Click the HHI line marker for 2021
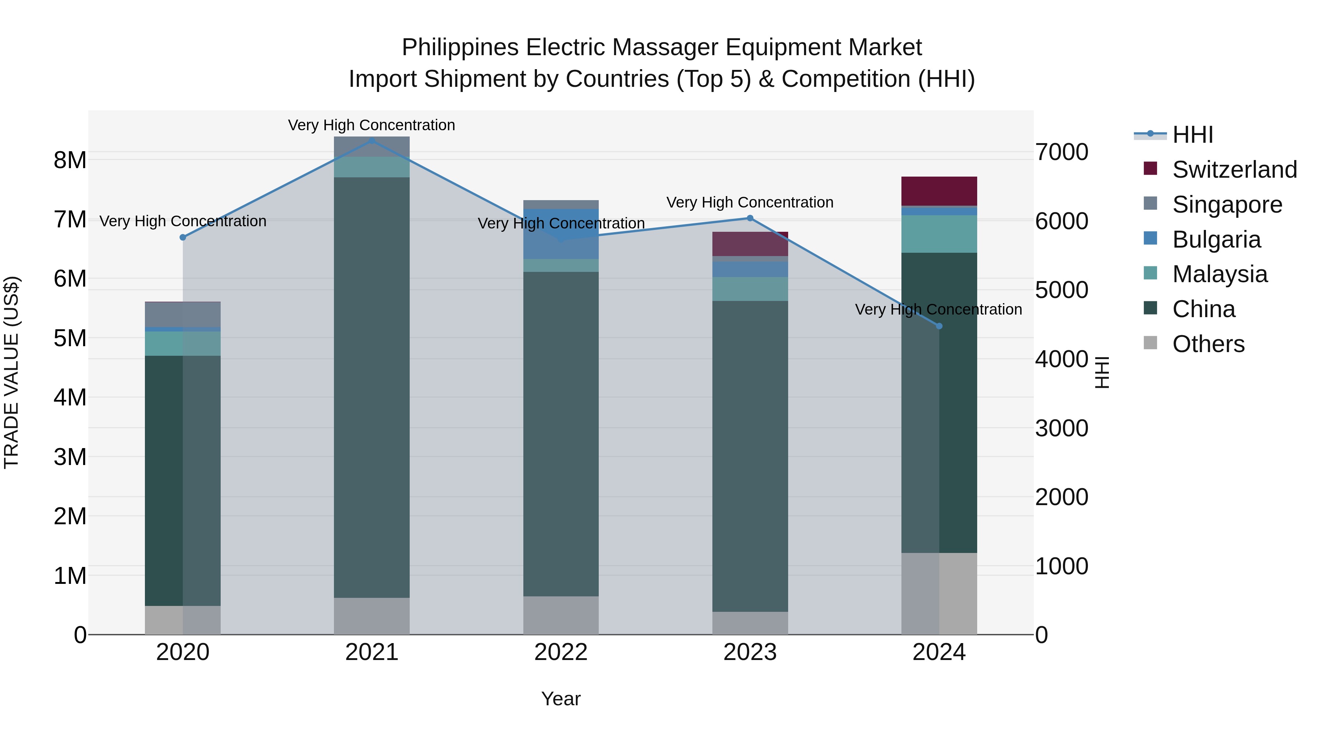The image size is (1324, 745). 371,141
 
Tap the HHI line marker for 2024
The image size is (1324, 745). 939,326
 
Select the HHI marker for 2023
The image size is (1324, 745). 750,218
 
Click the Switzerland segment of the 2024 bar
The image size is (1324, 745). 939,191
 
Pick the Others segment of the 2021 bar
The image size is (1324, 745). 371,616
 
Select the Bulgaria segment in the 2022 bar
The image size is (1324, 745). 561,234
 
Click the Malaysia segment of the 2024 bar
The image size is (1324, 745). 939,234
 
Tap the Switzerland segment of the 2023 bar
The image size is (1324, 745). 750,244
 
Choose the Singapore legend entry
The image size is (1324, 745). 1227,205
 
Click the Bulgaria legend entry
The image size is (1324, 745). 1216,240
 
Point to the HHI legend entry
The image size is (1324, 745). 1192,135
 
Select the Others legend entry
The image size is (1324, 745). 1208,344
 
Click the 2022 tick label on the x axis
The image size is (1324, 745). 561,652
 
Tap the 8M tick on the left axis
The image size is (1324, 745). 70,160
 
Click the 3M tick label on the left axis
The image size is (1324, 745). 70,457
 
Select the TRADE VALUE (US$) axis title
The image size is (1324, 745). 11,372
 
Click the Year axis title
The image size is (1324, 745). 561,699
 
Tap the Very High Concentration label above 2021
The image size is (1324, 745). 371,125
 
